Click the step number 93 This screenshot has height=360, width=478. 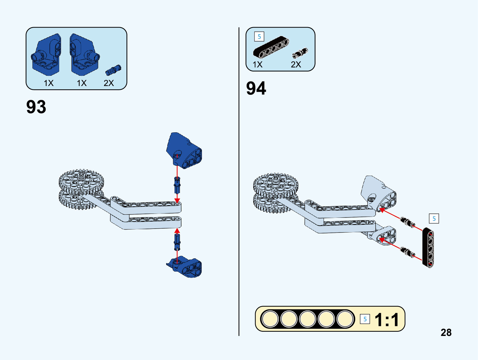coord(36,107)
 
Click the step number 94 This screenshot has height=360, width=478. coord(256,88)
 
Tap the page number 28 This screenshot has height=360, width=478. coord(446,332)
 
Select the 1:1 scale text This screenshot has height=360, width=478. coord(387,319)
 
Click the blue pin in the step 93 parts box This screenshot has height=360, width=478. coord(113,70)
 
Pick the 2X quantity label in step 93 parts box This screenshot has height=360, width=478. coord(109,83)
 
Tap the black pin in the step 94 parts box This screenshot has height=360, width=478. coord(300,53)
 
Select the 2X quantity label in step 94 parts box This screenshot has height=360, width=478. coord(296,64)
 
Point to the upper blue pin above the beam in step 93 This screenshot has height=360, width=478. coord(177,185)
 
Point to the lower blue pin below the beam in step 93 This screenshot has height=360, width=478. coord(177,242)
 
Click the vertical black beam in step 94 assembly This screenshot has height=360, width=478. coord(428,248)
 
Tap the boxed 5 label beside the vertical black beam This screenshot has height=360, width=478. coord(434,219)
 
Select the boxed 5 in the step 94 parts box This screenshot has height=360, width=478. coord(259,37)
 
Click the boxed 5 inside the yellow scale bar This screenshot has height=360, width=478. coord(365,319)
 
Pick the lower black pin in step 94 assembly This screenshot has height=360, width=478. coord(407,251)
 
